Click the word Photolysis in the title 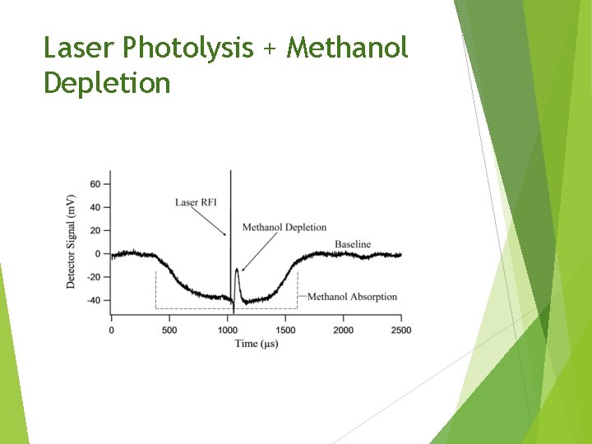(187, 49)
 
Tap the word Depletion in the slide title (107, 83)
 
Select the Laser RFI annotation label (196, 202)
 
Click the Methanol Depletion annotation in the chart (284, 228)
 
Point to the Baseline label (353, 244)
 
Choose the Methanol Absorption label (352, 297)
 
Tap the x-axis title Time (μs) (257, 343)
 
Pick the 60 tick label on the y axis (95, 184)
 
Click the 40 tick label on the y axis (95, 207)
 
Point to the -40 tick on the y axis (93, 300)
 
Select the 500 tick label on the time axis (169, 331)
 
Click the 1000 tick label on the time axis (227, 331)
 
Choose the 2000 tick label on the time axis (343, 331)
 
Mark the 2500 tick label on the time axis (400, 331)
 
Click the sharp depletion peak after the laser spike (237, 270)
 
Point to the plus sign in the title (270, 49)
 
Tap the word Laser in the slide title (79, 49)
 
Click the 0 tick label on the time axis (112, 331)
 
